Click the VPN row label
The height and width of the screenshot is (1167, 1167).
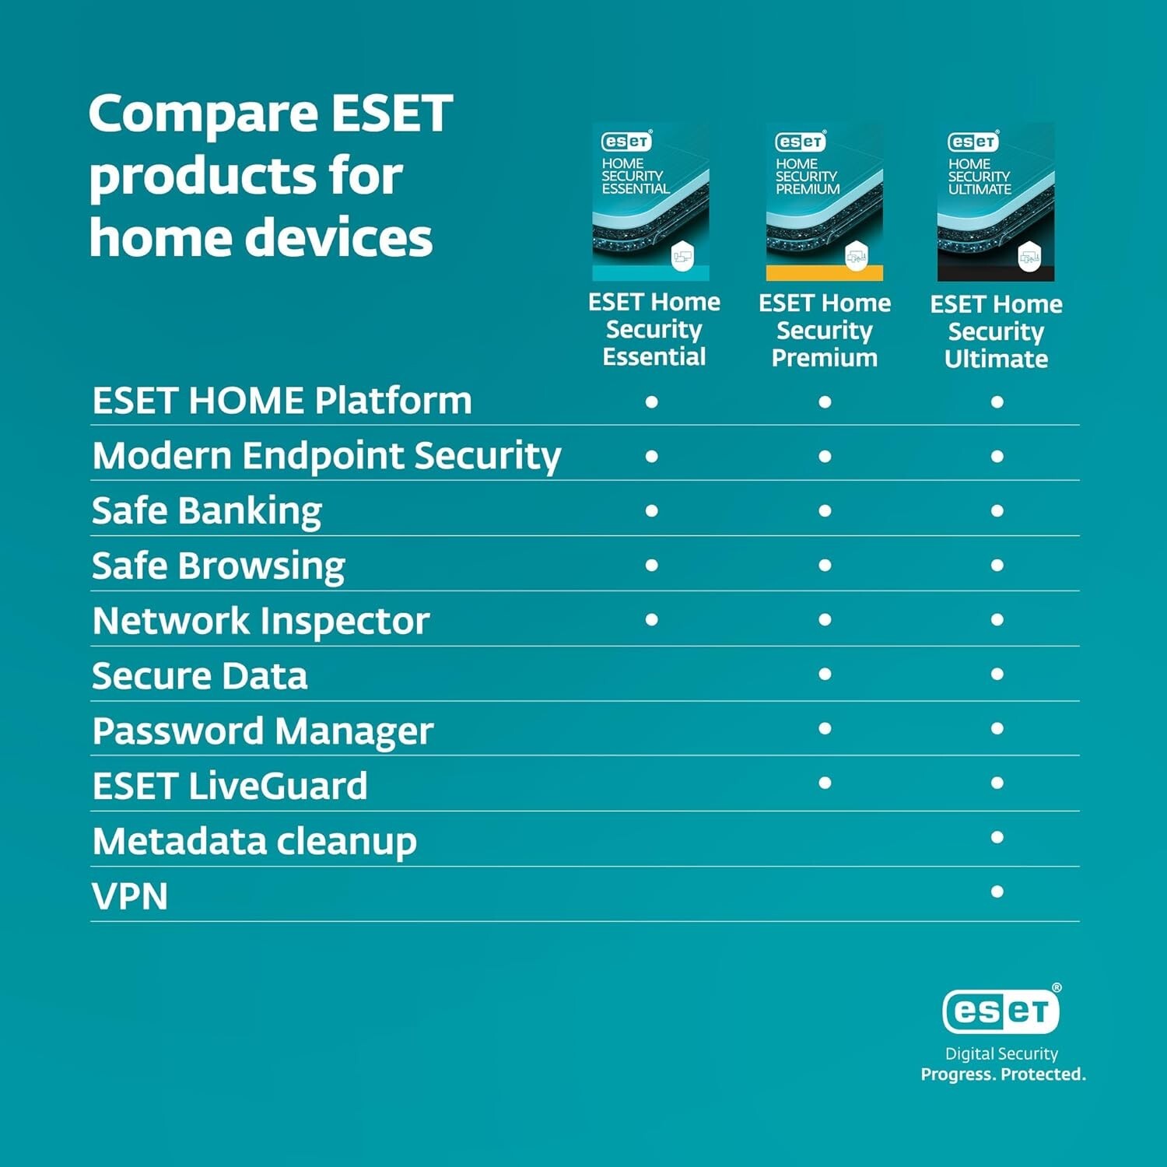(130, 896)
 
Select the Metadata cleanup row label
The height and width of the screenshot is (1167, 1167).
(254, 841)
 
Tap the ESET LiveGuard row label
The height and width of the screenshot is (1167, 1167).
(230, 786)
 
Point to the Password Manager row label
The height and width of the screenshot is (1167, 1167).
(262, 731)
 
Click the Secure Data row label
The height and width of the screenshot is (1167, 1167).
(200, 676)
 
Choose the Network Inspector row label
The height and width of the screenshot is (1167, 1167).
(261, 621)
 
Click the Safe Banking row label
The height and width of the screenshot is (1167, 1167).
(207, 511)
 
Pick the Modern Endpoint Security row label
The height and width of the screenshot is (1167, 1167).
(326, 456)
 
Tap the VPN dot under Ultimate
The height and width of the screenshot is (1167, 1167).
(997, 892)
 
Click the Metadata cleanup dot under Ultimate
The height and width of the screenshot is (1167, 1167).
(997, 837)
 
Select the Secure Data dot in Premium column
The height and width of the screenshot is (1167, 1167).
(825, 674)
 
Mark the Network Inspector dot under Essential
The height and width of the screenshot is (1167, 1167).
(652, 619)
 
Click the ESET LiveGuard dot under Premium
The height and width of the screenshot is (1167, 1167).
(825, 783)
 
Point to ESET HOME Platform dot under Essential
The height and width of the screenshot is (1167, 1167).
(652, 401)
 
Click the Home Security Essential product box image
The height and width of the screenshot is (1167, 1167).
(651, 202)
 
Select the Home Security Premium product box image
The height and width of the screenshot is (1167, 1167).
(825, 202)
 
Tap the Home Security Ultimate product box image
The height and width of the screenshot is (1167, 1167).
(996, 202)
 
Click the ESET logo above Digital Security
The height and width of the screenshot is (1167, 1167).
(1001, 1011)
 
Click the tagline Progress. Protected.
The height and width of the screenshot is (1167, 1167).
(1003, 1074)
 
